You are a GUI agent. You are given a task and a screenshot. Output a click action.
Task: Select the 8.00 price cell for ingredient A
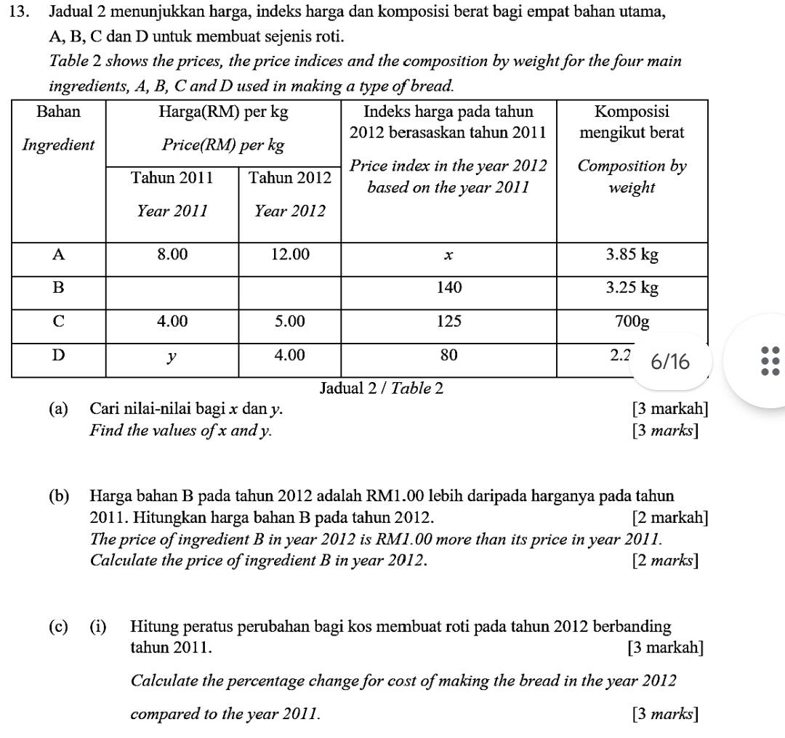(x=172, y=254)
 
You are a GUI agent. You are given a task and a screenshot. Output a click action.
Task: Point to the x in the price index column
(x=448, y=254)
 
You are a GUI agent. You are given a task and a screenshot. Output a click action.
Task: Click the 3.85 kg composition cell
(x=632, y=254)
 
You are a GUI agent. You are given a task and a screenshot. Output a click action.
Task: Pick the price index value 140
(x=448, y=288)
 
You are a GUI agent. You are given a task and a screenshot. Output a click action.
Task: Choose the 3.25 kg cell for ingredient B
(x=632, y=288)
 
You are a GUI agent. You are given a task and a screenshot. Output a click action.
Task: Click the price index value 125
(x=448, y=321)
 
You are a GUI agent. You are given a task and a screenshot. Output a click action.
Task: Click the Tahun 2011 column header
(x=172, y=177)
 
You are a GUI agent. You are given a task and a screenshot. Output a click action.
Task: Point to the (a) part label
(x=58, y=409)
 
